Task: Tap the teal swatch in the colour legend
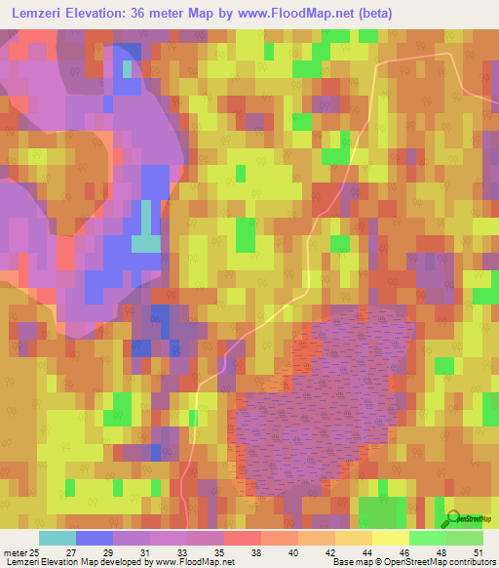tap(58, 538)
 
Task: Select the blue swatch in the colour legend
tap(95, 538)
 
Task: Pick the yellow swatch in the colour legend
tap(391, 538)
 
